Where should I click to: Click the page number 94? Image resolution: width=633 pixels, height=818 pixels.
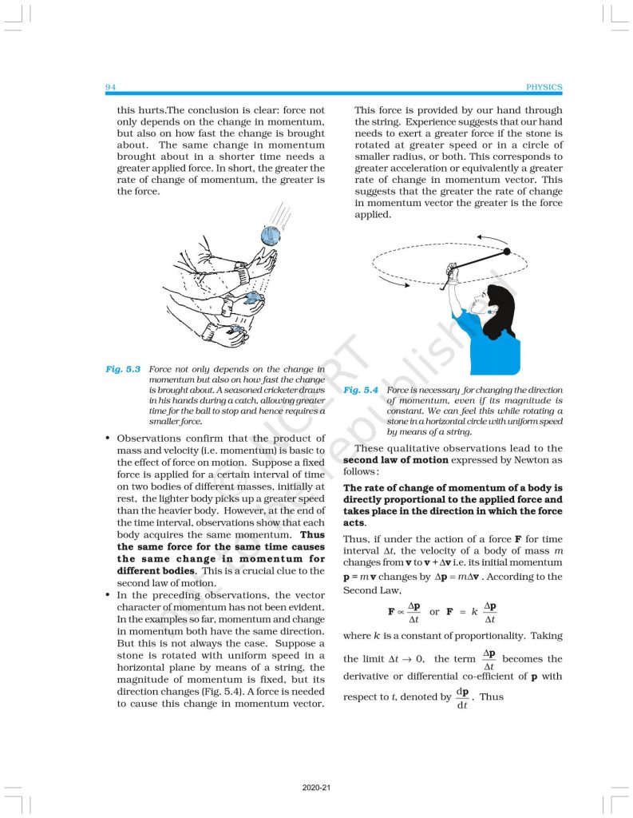click(x=110, y=87)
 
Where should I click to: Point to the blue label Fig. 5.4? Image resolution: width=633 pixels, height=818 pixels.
click(x=361, y=391)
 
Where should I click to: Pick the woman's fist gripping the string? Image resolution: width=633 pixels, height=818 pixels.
click(x=453, y=279)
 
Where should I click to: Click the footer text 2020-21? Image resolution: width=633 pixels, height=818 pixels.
click(x=316, y=788)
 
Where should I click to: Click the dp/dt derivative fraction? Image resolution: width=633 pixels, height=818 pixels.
click(x=462, y=697)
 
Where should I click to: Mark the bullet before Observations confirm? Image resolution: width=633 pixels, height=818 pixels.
click(x=108, y=439)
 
